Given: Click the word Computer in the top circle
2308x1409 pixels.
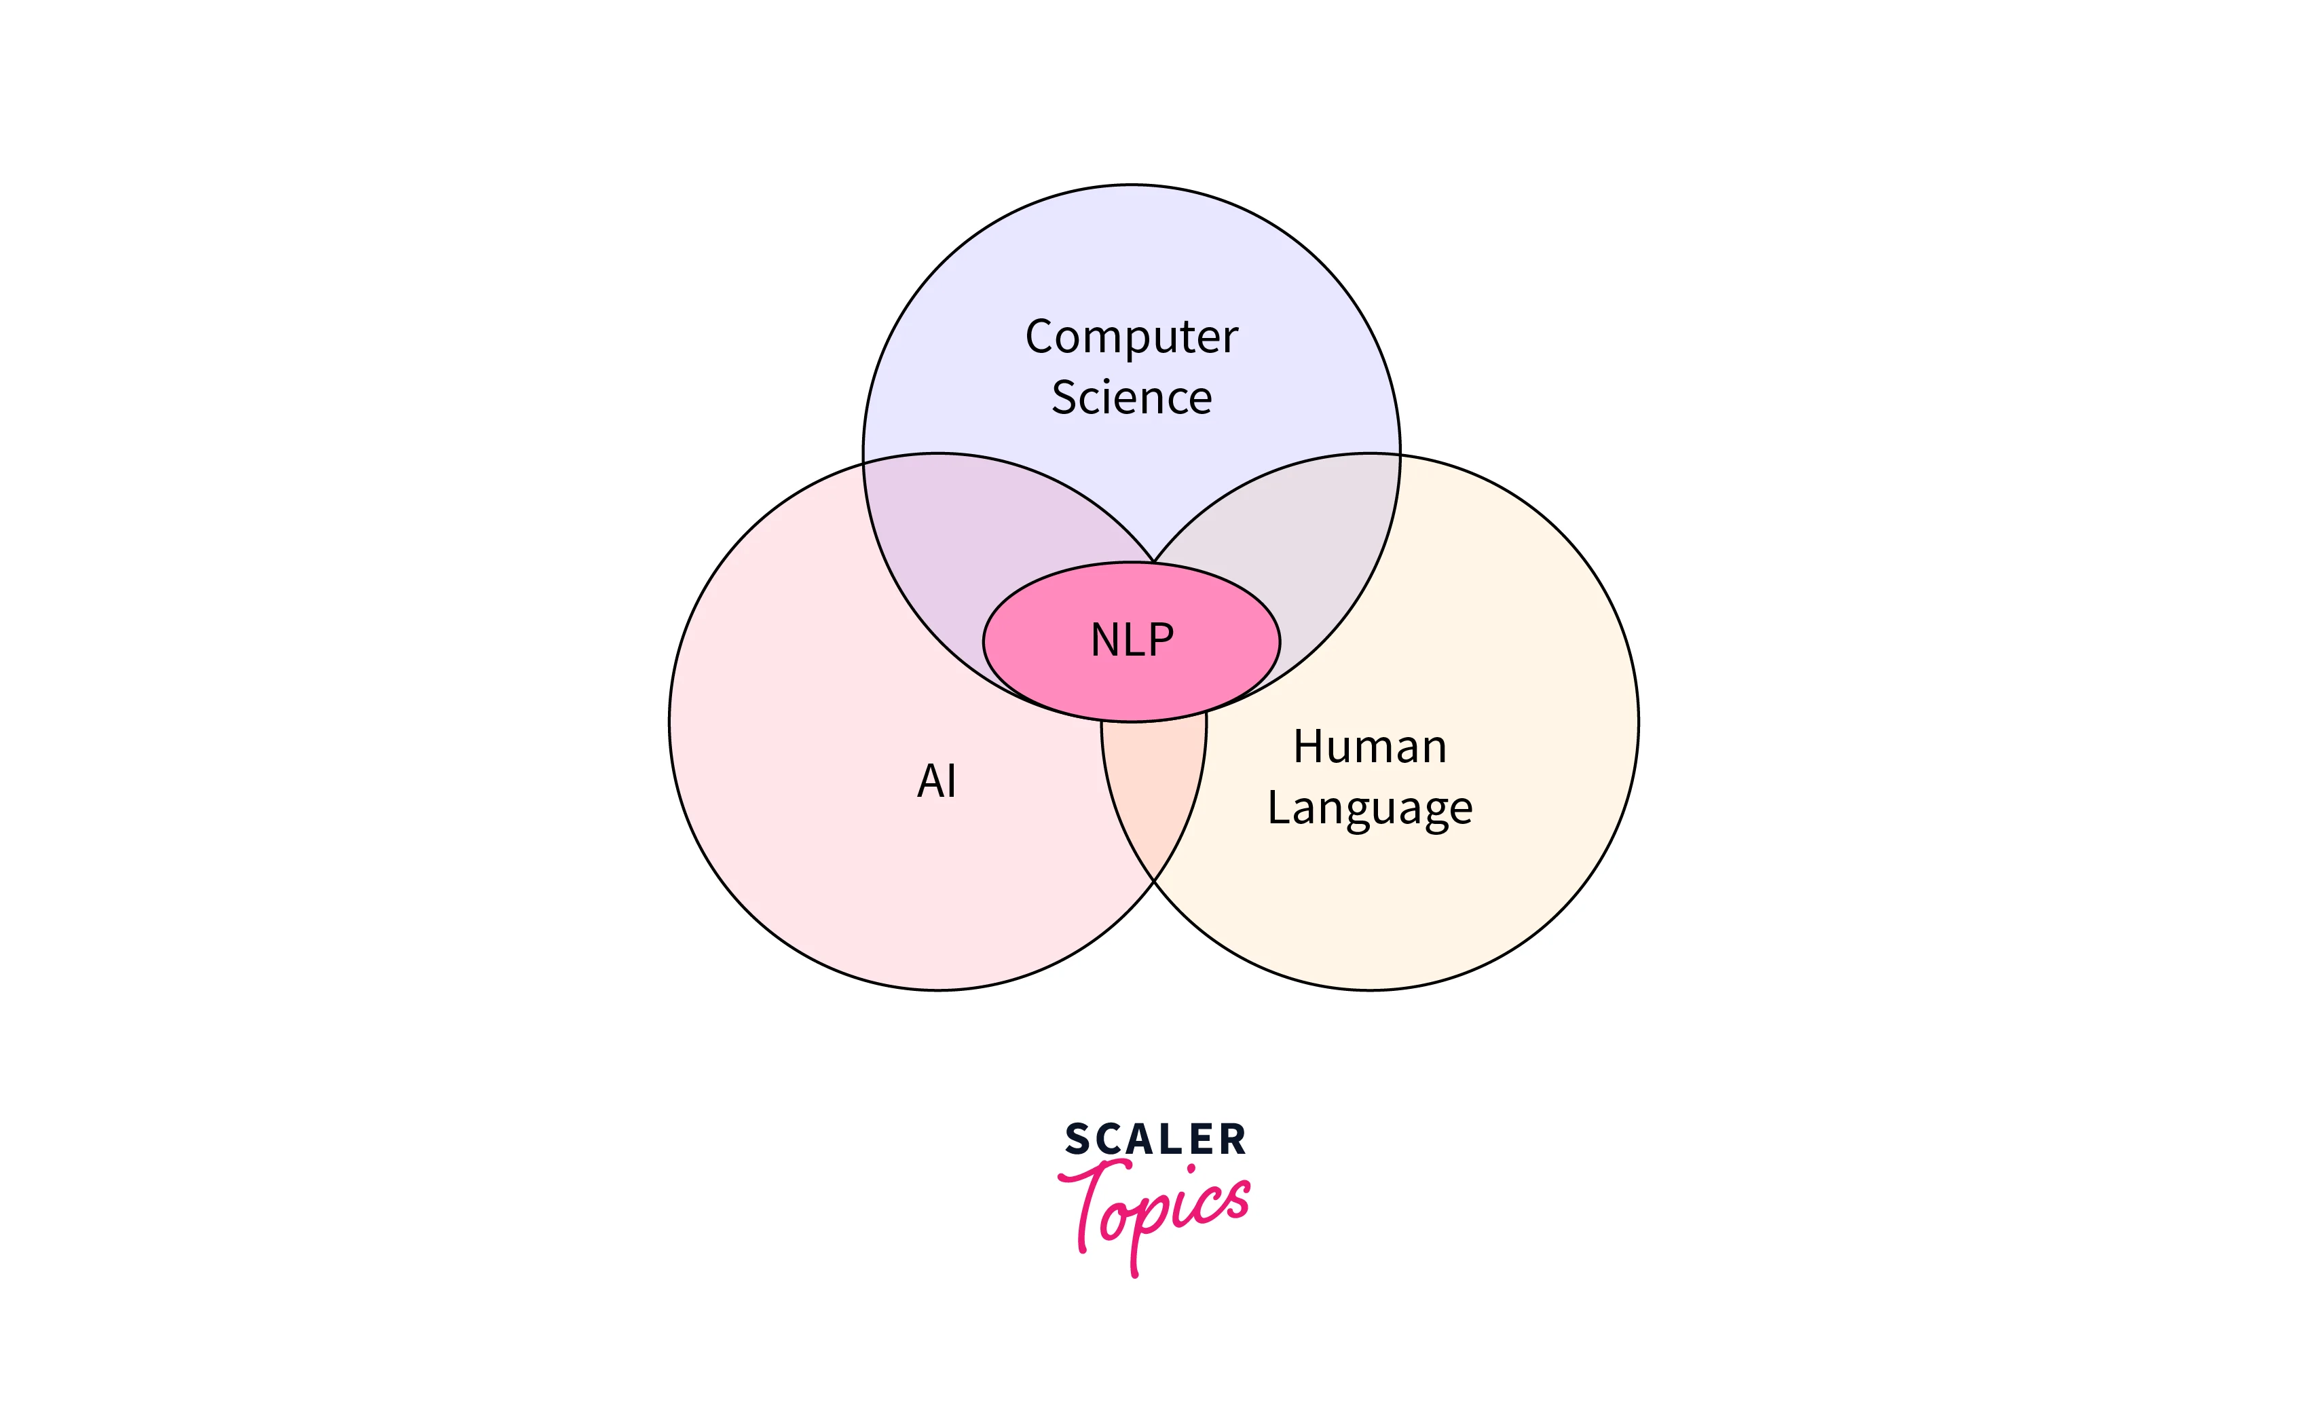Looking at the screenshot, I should (1131, 337).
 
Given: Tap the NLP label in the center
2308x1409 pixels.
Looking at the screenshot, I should (1132, 641).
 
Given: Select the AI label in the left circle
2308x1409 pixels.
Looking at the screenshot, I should (937, 781).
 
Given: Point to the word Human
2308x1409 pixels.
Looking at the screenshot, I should (1369, 747).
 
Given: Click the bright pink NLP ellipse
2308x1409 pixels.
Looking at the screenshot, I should (1040, 656).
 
